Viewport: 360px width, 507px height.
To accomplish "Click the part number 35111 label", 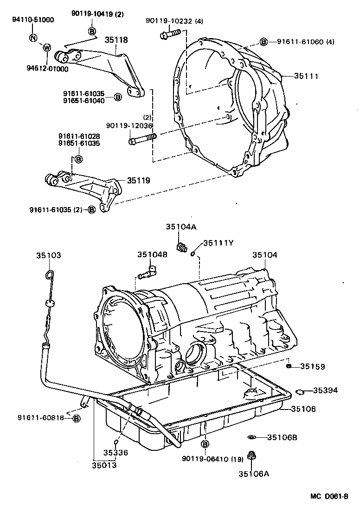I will pyautogui.click(x=306, y=76).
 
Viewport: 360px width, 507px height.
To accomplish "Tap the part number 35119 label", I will pyautogui.click(x=138, y=180).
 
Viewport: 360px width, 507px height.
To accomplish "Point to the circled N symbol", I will pyautogui.click(x=33, y=38).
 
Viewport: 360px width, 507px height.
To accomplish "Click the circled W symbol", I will pyautogui.click(x=46, y=47).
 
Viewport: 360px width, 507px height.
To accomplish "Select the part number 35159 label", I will pyautogui.click(x=312, y=366).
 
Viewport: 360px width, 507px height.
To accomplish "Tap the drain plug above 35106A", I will pyautogui.click(x=251, y=456).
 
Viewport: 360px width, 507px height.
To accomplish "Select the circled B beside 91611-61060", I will pyautogui.click(x=264, y=42).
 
